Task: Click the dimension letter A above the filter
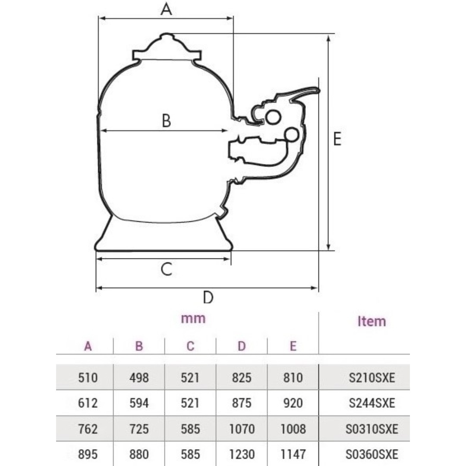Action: (x=166, y=9)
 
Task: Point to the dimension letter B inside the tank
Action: (x=167, y=121)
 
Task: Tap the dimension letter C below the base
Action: (x=167, y=269)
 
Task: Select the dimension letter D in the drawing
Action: (x=208, y=297)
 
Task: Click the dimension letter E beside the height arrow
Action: (x=337, y=139)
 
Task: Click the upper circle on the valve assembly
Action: (x=273, y=117)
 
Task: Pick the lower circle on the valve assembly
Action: (x=291, y=135)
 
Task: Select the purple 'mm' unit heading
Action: (x=193, y=318)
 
